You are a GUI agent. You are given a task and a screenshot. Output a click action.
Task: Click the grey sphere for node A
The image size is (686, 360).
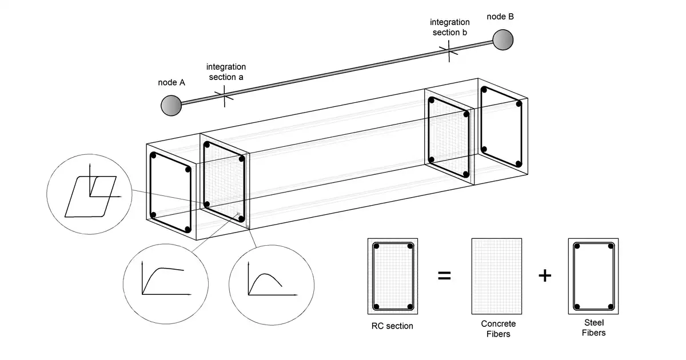click(171, 105)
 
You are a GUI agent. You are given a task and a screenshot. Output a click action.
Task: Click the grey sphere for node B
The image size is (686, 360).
click(503, 39)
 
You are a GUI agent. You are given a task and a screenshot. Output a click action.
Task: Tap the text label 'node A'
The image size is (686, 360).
click(171, 82)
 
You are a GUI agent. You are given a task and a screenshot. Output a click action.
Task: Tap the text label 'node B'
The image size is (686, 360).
click(500, 17)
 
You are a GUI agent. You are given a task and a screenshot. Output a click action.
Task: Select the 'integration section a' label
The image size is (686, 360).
click(226, 71)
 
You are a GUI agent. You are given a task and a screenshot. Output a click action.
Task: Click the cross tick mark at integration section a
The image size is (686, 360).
click(224, 95)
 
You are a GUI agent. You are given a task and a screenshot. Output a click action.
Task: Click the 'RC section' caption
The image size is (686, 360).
click(392, 326)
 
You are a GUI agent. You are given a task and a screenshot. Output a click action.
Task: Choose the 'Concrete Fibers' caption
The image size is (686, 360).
click(497, 329)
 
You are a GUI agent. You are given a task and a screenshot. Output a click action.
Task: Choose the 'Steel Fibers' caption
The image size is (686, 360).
click(593, 329)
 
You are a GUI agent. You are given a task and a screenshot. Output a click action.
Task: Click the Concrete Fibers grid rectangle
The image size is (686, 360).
click(497, 276)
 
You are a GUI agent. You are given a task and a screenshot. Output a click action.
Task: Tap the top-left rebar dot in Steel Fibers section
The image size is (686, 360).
click(577, 247)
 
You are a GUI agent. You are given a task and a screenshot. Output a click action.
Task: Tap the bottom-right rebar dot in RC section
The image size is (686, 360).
click(410, 306)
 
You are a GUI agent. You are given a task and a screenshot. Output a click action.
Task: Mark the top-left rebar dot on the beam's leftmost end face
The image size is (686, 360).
click(154, 155)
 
